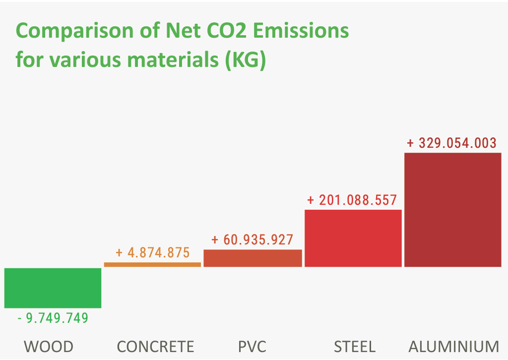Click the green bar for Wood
(53, 288)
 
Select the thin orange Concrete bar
(152, 264)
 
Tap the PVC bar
(253, 258)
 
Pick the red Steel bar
(353, 238)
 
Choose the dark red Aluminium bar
(452, 210)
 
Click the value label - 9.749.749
(53, 318)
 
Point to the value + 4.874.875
(153, 253)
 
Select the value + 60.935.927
(252, 240)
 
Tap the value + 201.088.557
(352, 200)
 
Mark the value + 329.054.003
(451, 143)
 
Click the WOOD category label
(49, 346)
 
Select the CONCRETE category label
(155, 346)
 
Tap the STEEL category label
(355, 346)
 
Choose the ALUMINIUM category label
(453, 346)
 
